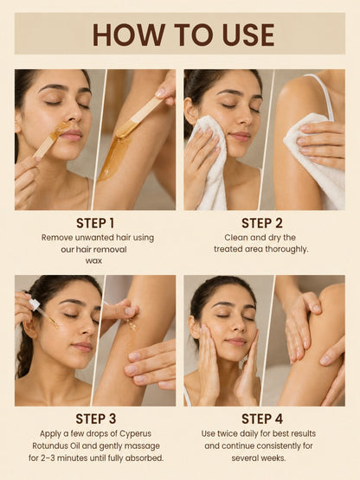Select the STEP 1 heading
[95, 223]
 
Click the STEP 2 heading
[262, 223]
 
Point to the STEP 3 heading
[95, 419]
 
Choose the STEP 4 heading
[262, 419]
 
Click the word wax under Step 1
[93, 261]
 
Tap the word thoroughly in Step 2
[286, 249]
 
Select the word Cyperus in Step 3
[135, 434]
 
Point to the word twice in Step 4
[227, 434]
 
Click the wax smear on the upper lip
[59, 130]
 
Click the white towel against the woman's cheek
[209, 159]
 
